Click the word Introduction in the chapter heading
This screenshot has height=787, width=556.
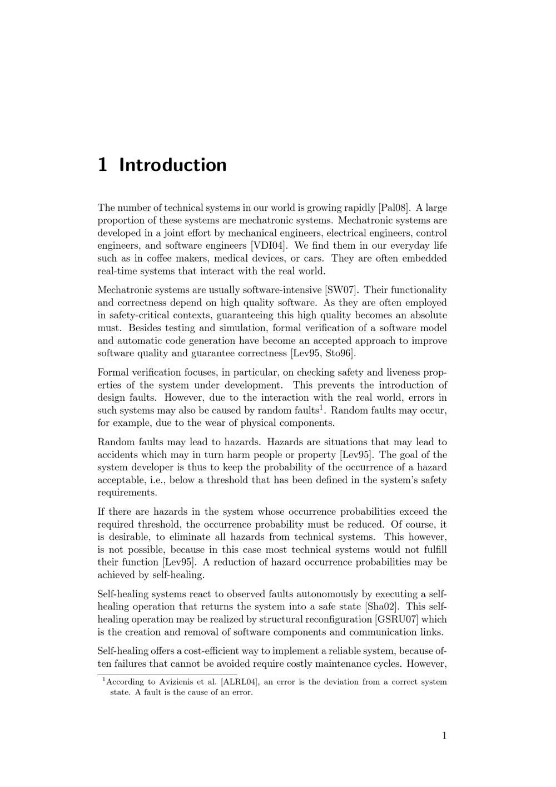tap(173, 165)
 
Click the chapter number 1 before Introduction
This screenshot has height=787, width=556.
tap(102, 165)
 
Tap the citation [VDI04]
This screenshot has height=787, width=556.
tap(269, 246)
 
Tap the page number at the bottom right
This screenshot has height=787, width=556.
tap(444, 736)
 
